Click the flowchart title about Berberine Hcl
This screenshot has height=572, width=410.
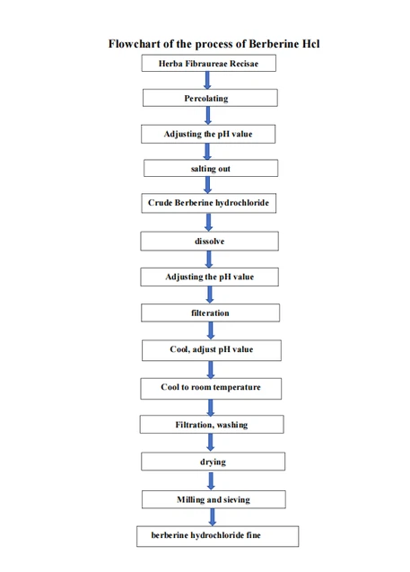[214, 44]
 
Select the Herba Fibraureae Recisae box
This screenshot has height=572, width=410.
[209, 63]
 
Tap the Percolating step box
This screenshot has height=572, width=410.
[210, 98]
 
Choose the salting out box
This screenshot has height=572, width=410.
[211, 168]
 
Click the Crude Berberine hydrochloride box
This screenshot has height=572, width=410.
[209, 203]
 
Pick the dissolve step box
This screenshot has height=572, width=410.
[210, 241]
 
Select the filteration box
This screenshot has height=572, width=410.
[210, 312]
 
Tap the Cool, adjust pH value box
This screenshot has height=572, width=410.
[212, 350]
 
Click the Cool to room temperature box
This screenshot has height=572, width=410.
[211, 389]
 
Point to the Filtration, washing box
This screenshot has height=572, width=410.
[212, 424]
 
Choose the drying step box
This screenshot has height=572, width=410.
[214, 462]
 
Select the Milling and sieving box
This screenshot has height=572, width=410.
[214, 499]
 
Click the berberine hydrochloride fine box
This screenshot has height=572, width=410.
[218, 536]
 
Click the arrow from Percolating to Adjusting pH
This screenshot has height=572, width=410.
[208, 116]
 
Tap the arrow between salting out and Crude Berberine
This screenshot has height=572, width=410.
[208, 185]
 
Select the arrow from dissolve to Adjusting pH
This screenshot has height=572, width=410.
[209, 260]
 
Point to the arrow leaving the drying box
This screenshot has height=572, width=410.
[211, 480]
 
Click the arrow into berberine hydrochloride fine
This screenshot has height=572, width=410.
[213, 517]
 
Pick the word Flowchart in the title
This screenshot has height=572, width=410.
[135, 44]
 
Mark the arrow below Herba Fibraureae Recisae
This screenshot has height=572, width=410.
[207, 80]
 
